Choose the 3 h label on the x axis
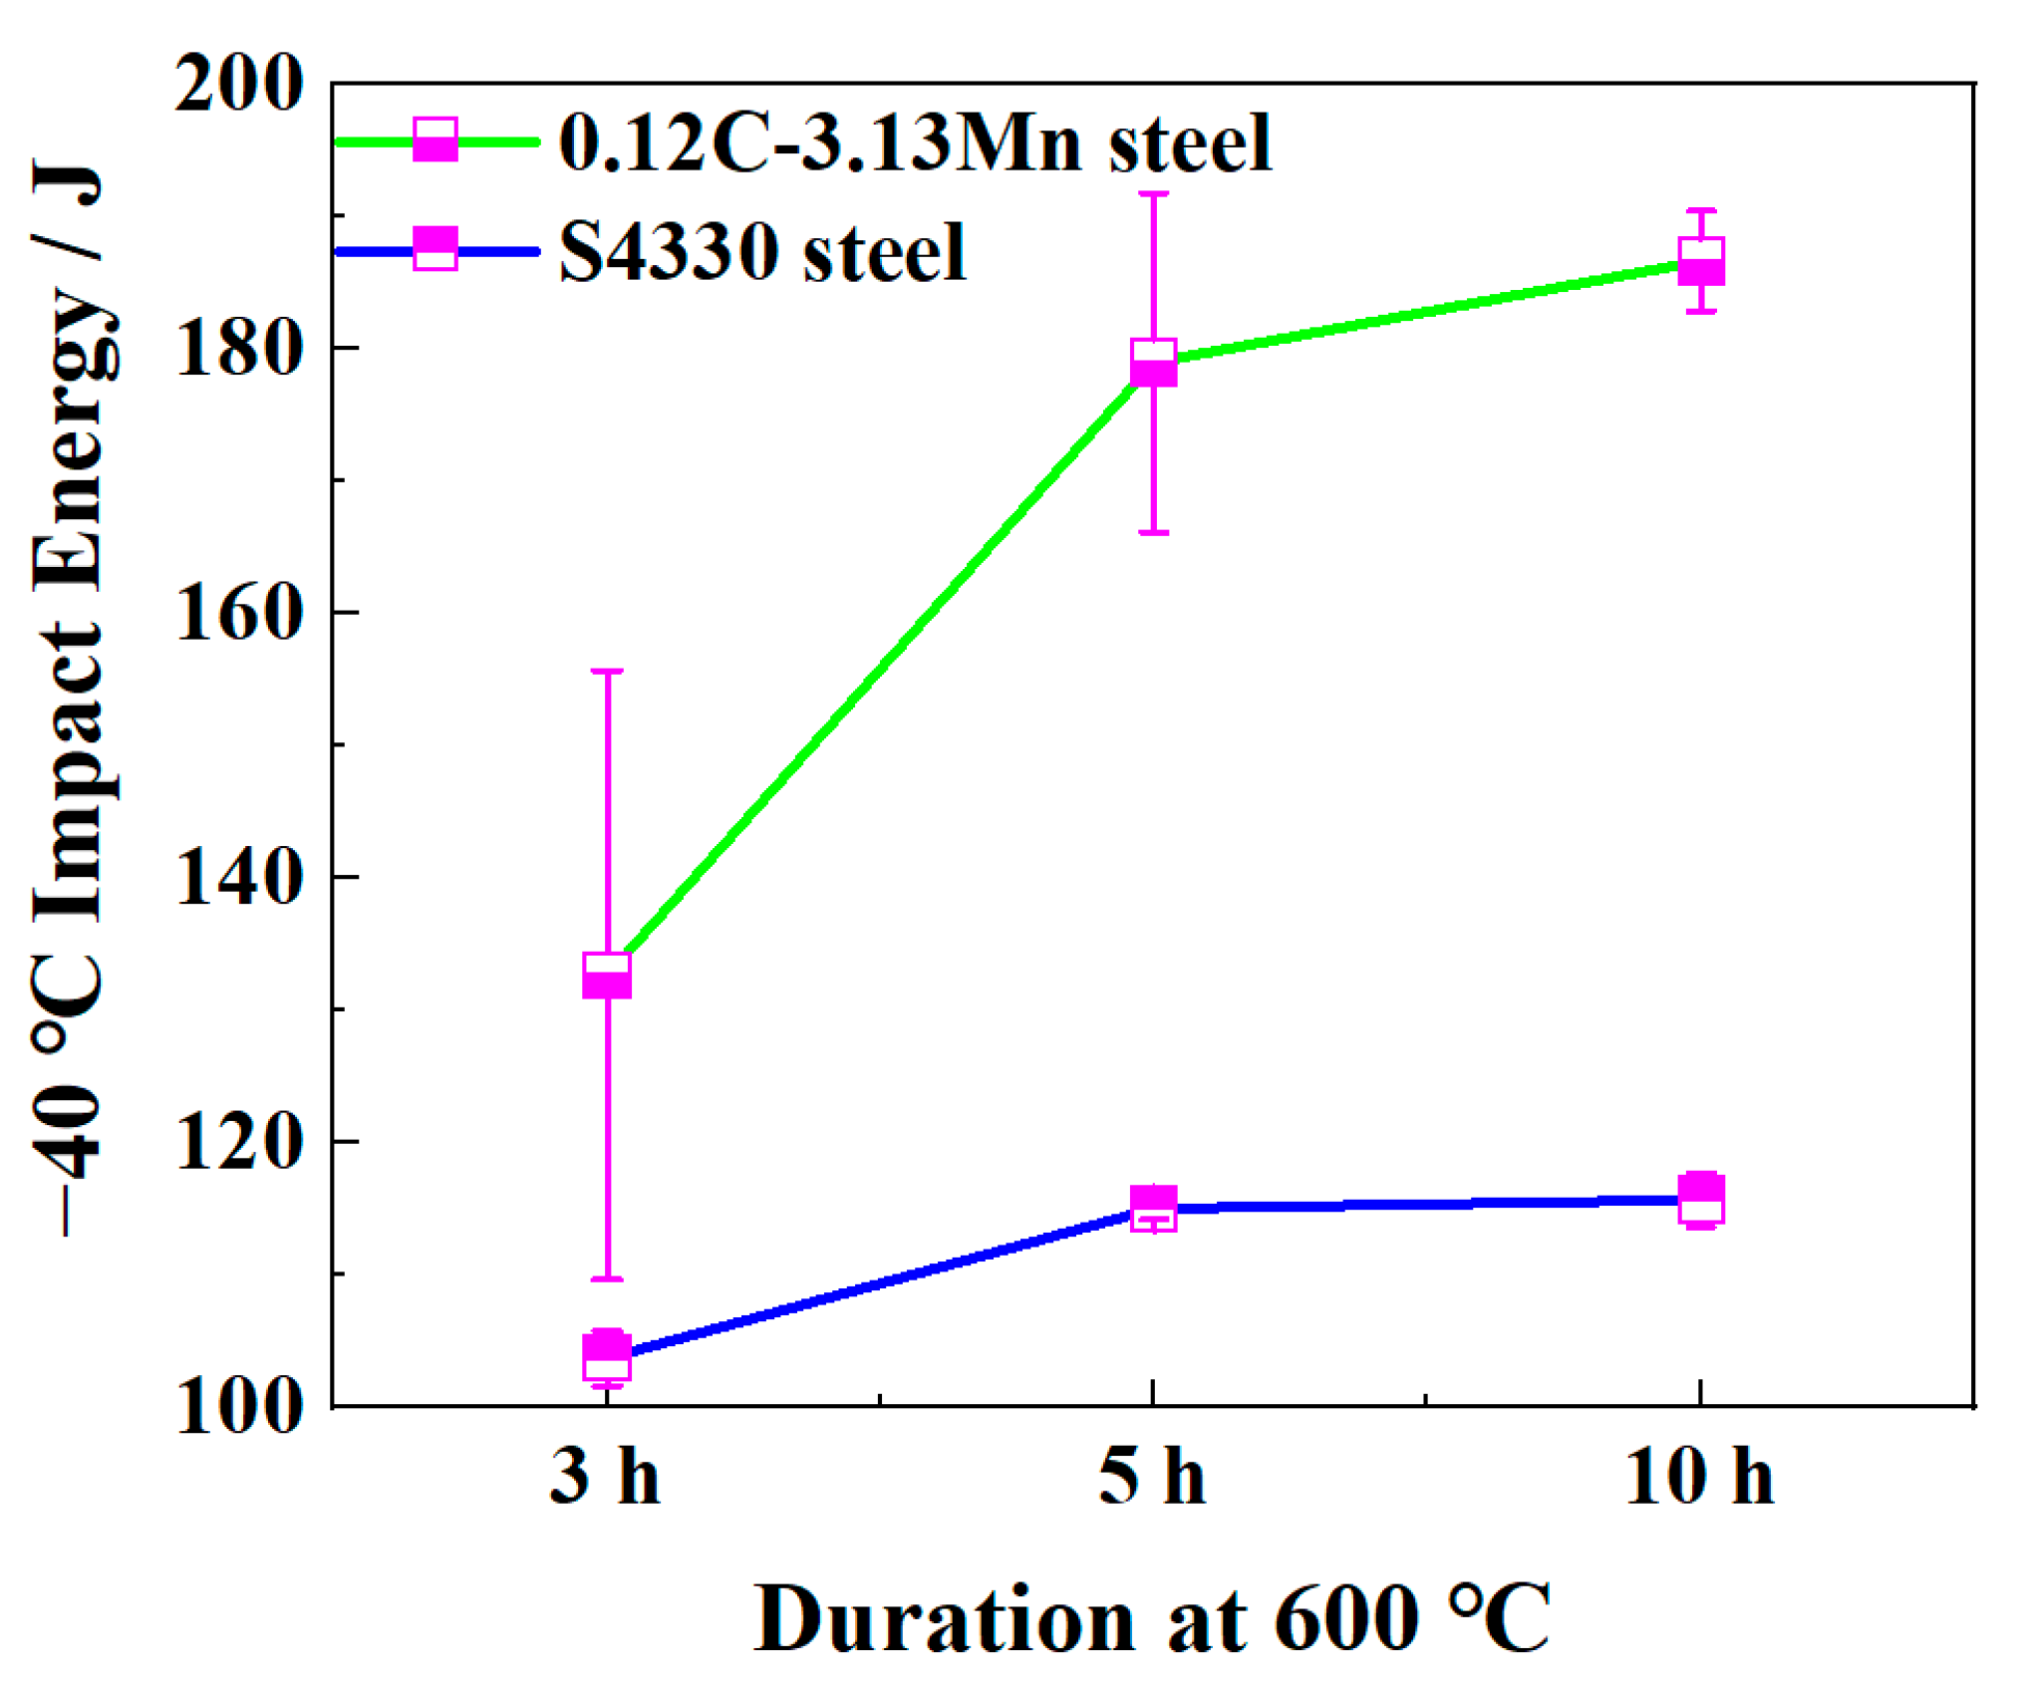605,1477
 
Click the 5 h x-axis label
1152,1477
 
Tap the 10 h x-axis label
1699,1477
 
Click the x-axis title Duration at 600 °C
1152,1619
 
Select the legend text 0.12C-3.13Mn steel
915,143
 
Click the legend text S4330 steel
762,252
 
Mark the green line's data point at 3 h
607,975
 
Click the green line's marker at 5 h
1154,362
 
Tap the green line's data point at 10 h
1701,262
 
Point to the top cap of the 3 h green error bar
607,672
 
